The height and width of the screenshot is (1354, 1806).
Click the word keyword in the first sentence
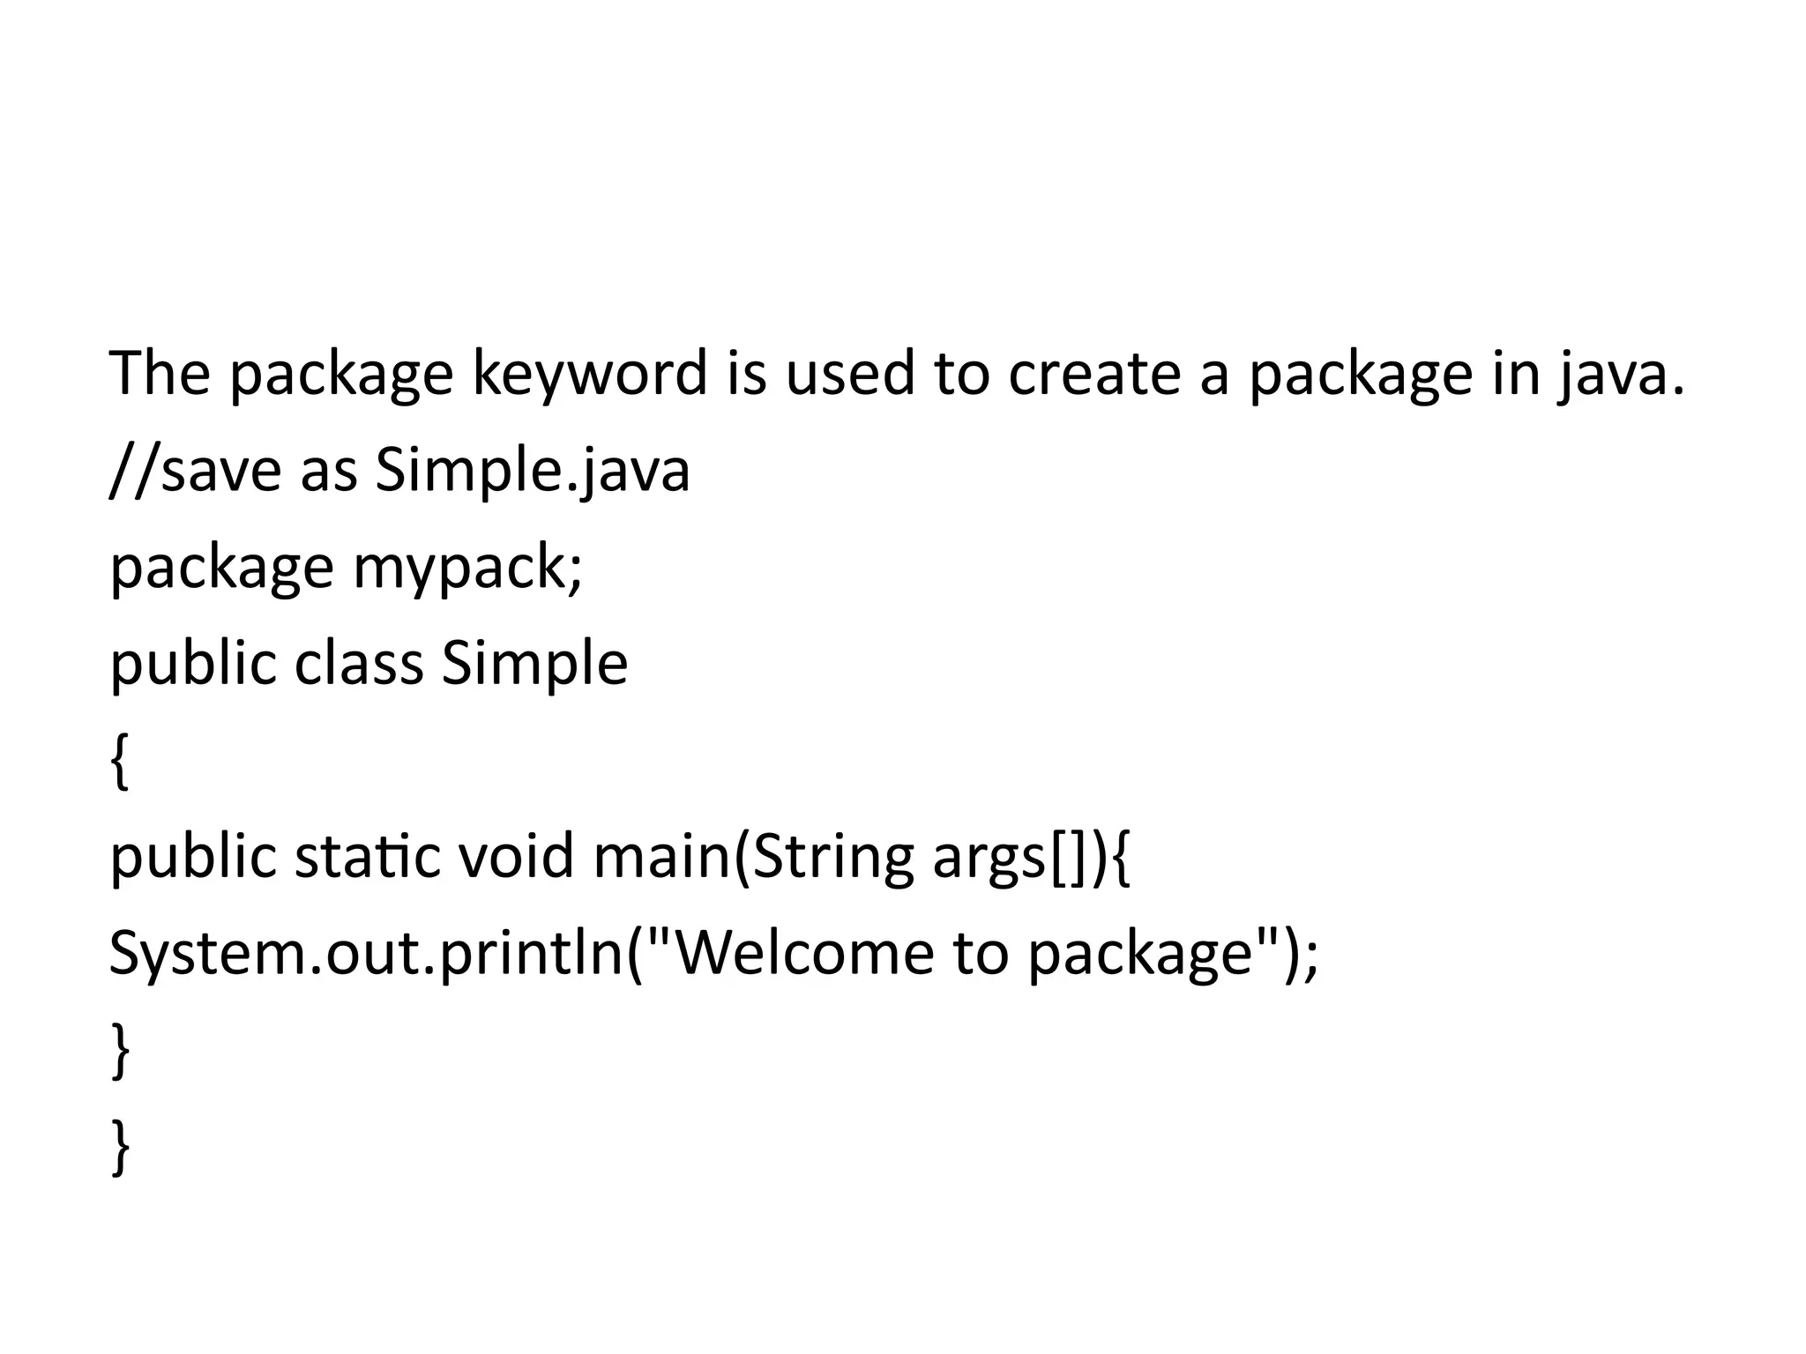589,374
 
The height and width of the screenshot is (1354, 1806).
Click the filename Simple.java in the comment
533,471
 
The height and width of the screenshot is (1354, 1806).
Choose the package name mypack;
468,568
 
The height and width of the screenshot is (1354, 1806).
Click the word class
358,663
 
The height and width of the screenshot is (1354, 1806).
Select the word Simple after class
534,663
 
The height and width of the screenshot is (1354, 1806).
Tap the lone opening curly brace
120,762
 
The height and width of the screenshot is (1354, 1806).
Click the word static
367,857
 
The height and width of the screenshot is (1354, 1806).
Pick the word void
516,857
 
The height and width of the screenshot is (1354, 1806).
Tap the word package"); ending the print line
1173,954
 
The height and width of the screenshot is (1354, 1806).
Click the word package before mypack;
221,568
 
